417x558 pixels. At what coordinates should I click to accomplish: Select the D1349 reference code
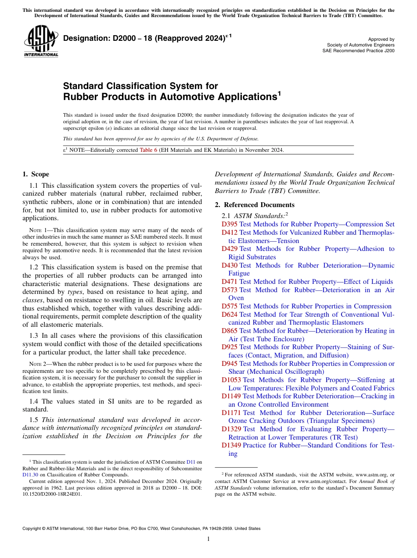click(231, 445)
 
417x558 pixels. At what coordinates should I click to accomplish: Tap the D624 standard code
click(229, 315)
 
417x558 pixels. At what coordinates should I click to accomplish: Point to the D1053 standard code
click(231, 380)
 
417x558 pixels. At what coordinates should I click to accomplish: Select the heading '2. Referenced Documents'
click(255, 205)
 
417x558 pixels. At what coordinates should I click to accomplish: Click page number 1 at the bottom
click(208, 539)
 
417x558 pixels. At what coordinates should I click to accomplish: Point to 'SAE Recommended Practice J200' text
click(358, 50)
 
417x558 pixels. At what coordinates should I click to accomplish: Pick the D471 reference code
click(229, 282)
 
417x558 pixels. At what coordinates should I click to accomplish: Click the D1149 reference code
click(231, 396)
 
